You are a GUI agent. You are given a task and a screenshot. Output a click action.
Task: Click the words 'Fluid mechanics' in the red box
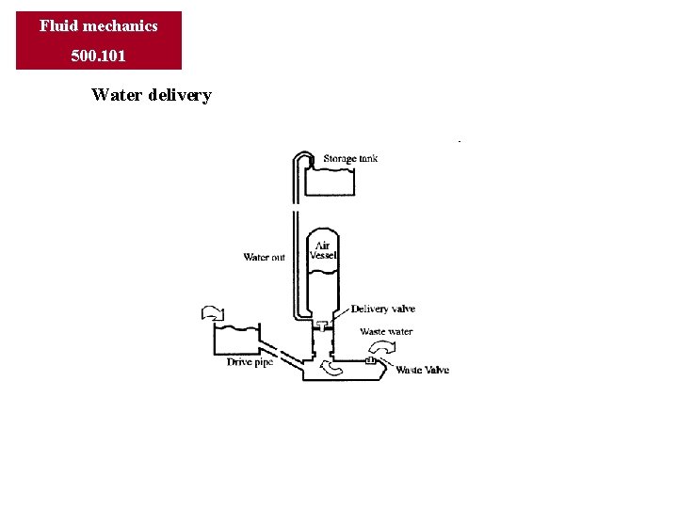click(99, 25)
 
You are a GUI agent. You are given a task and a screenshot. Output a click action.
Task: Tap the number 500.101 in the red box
click(99, 56)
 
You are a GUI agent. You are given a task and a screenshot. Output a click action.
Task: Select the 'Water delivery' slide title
click(152, 95)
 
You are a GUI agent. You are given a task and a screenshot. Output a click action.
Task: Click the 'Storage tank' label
click(350, 158)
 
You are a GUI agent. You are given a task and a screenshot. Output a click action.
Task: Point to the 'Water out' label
click(264, 257)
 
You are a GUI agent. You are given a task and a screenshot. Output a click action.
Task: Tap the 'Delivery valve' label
click(383, 309)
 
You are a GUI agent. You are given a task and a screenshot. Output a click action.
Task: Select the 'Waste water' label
click(386, 332)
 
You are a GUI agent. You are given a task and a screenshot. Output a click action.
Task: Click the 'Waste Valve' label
click(422, 370)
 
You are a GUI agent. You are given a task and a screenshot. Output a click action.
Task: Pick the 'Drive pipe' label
click(250, 362)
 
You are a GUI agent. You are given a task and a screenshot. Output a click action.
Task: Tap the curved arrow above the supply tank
click(211, 312)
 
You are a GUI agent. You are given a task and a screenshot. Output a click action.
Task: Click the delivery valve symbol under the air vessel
click(323, 326)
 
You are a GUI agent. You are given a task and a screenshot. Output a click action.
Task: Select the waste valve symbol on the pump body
click(369, 360)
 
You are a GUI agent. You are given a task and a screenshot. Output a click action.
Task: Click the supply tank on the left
click(236, 340)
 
